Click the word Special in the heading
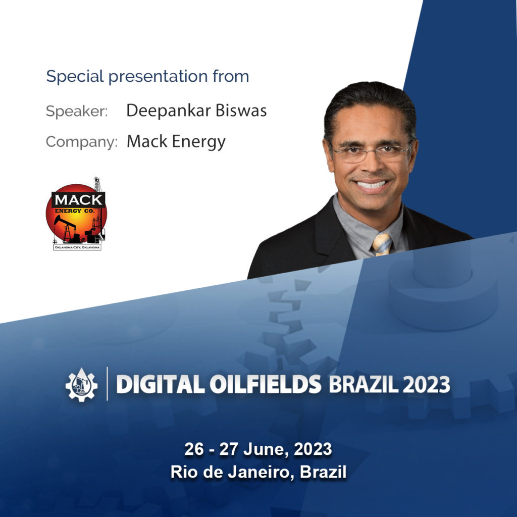(75, 77)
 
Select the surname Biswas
(241, 111)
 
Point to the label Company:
(81, 142)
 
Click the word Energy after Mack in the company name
(199, 142)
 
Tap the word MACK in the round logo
(78, 200)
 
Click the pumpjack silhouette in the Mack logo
(66, 228)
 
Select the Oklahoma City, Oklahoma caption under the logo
(77, 247)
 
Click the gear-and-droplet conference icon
(81, 384)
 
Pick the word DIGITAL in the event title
(161, 384)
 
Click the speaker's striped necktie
(382, 244)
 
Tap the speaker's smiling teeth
(372, 185)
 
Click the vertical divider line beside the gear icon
(107, 384)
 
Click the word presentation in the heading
(158, 77)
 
